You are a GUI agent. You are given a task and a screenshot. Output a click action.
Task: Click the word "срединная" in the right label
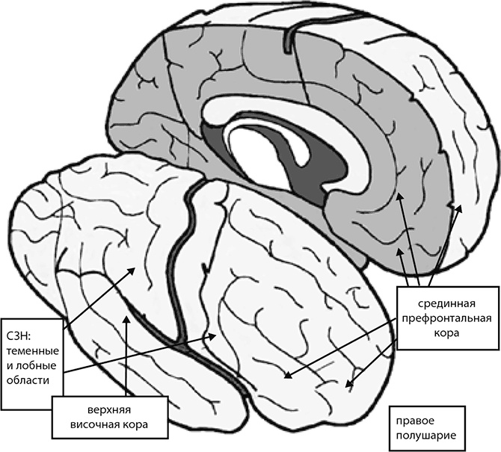point(443,304)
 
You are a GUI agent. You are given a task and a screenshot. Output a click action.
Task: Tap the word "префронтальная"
point(443,319)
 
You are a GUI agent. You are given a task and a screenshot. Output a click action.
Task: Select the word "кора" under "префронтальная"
point(443,334)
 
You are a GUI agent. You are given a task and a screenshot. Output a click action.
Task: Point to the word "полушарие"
point(422,434)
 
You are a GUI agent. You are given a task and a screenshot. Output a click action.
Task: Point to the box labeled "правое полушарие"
point(422,426)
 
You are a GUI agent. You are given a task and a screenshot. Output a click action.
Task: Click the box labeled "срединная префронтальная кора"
point(443,319)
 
